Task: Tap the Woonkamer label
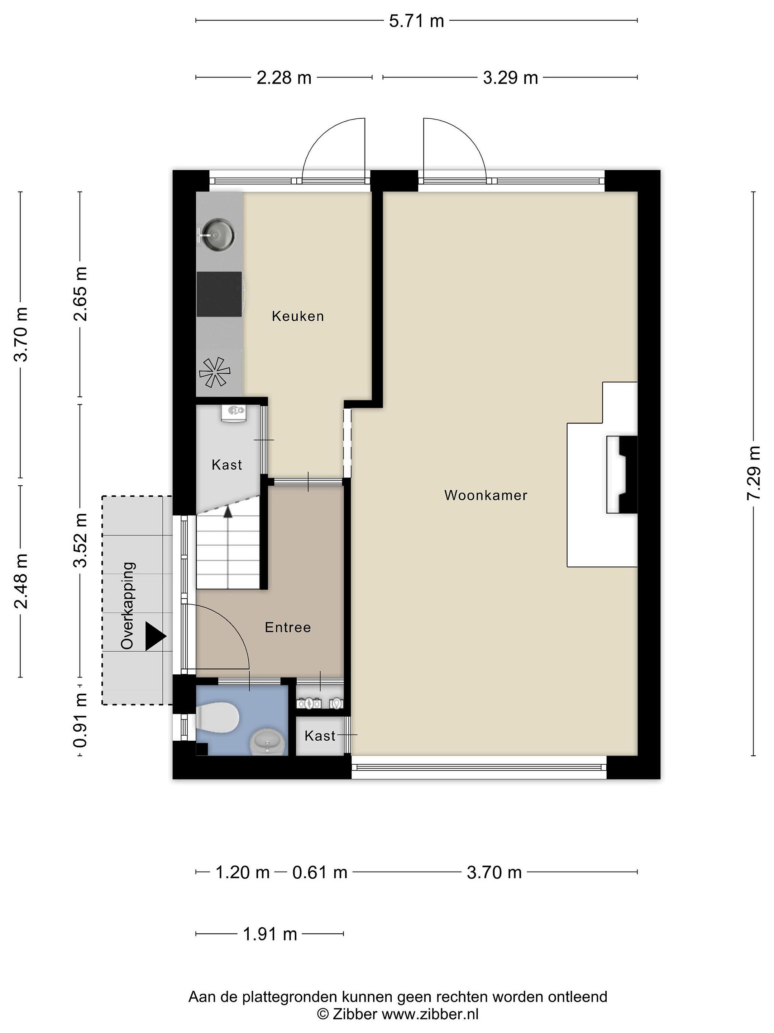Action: (x=486, y=495)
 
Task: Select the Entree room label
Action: (x=287, y=627)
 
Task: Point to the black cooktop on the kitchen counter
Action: (x=219, y=294)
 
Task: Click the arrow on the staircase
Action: (x=228, y=511)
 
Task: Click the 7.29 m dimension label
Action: (x=754, y=473)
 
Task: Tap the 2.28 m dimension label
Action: (x=284, y=77)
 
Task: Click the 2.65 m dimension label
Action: (x=80, y=294)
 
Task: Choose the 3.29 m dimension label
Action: (x=510, y=77)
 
